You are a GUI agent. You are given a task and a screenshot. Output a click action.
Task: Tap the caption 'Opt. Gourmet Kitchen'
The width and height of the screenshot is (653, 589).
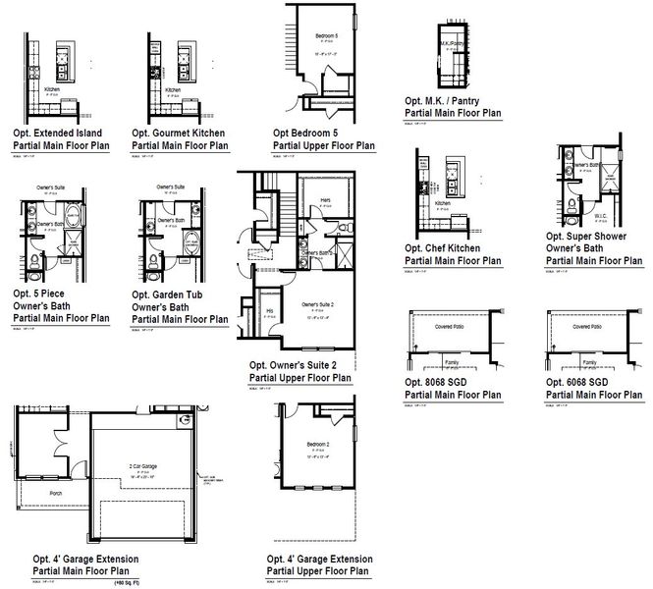[x=181, y=131]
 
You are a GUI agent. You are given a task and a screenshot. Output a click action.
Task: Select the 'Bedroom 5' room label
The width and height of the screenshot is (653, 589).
[x=326, y=36]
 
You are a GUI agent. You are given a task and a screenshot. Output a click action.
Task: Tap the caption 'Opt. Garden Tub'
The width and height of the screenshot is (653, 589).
[x=171, y=294]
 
